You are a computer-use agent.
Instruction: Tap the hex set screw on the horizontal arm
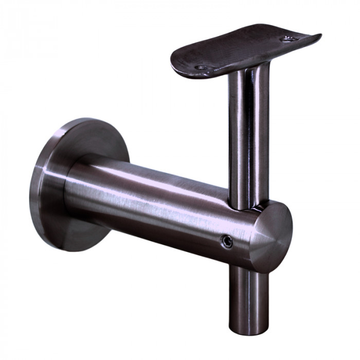pos(225,240)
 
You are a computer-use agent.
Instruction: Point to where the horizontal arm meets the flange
pos(69,190)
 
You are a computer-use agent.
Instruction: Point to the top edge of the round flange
pos(87,121)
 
